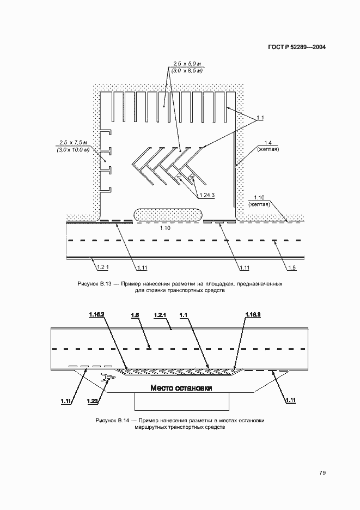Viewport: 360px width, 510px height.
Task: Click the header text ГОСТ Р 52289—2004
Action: pyautogui.click(x=297, y=47)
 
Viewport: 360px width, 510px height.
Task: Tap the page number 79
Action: pyautogui.click(x=322, y=472)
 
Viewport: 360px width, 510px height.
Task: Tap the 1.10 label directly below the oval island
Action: pyautogui.click(x=166, y=228)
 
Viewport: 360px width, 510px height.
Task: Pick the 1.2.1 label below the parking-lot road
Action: pyautogui.click(x=103, y=267)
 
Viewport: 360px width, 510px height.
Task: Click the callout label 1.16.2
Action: pyautogui.click(x=96, y=314)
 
